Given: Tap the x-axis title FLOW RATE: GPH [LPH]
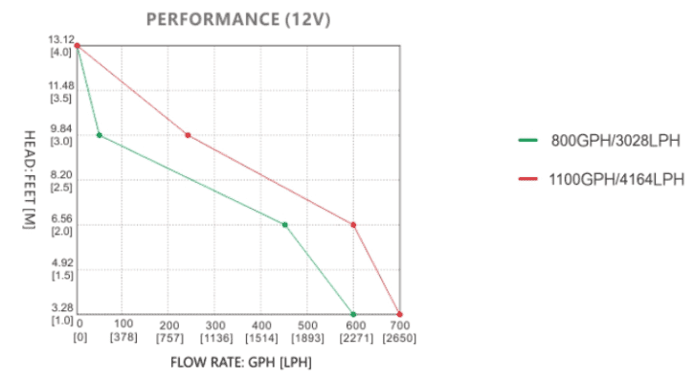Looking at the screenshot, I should point(241,363).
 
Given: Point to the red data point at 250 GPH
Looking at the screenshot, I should point(188,135).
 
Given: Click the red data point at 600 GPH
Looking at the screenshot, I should point(354,225).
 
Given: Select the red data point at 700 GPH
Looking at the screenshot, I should point(400,314).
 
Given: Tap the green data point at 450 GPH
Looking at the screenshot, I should point(285,225).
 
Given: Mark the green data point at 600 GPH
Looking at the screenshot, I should point(354,314).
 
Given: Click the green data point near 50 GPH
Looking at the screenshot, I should point(100,135).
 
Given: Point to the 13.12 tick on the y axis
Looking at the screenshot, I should point(61,39).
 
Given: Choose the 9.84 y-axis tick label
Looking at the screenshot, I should point(61,129).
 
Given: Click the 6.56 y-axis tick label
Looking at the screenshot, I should point(61,218).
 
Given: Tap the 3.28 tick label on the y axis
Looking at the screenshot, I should point(61,307).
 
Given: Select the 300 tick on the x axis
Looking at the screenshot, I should point(216,325).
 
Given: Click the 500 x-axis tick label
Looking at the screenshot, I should point(308,325).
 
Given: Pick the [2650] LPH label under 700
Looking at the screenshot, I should point(399,337).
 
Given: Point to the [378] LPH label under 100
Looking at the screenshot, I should point(124,337).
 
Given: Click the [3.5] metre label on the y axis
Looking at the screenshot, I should point(61,98).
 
